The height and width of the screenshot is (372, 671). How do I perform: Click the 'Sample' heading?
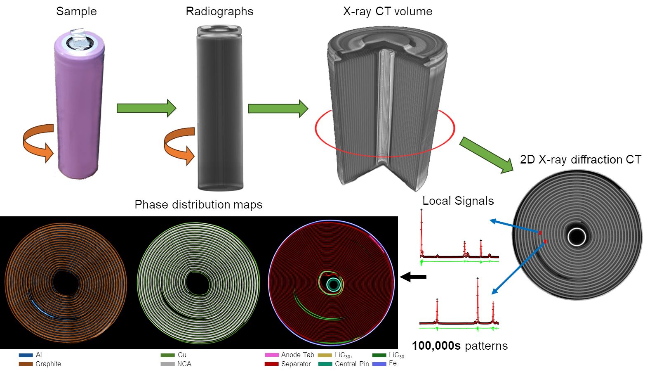(x=76, y=11)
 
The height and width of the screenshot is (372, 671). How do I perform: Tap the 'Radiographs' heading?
(x=219, y=11)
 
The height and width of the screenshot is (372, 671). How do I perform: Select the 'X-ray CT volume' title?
(x=387, y=11)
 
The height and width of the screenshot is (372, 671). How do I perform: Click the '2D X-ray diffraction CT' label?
(x=580, y=159)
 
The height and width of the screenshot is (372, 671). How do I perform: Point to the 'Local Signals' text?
(x=458, y=201)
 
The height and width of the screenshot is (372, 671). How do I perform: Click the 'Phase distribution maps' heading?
(x=198, y=204)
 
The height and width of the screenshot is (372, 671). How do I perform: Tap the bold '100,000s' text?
(x=436, y=346)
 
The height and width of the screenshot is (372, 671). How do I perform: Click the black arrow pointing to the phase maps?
(x=413, y=277)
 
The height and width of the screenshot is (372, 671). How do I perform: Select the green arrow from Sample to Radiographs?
(x=146, y=108)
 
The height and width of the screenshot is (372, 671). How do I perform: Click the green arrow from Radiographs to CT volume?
(x=278, y=109)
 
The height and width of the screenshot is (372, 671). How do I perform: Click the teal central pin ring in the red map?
(x=334, y=284)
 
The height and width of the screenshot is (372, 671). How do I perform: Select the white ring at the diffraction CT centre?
(x=576, y=237)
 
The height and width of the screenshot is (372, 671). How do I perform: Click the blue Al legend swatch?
(x=26, y=355)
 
